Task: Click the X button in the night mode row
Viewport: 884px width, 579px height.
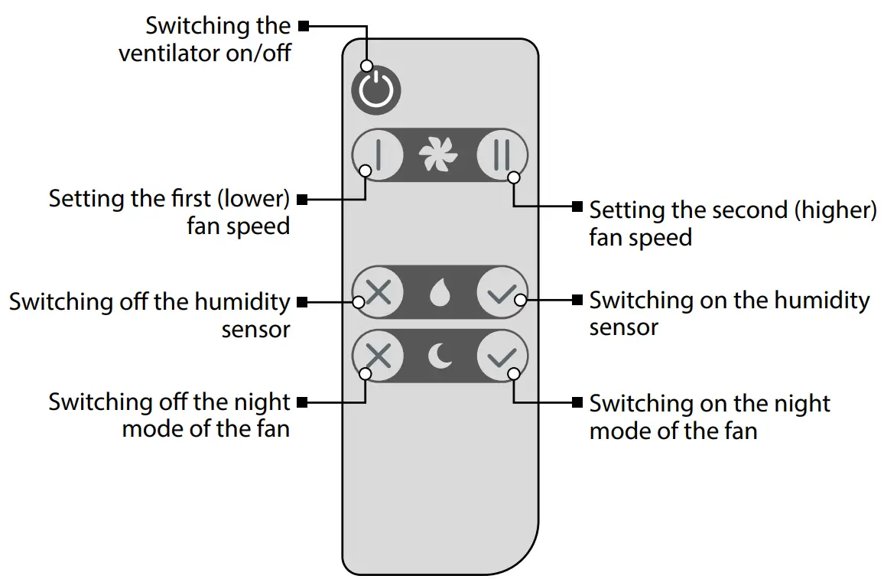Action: coord(378,356)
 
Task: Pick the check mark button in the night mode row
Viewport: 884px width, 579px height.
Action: coord(502,356)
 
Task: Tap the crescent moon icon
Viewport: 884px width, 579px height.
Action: coord(439,356)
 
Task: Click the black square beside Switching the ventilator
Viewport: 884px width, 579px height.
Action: coord(304,26)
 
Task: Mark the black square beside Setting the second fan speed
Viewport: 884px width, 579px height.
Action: coord(577,206)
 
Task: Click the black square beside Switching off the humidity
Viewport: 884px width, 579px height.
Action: coord(302,302)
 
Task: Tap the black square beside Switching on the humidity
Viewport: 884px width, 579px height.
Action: coord(577,300)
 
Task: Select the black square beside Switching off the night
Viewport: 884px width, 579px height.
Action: coord(302,402)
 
